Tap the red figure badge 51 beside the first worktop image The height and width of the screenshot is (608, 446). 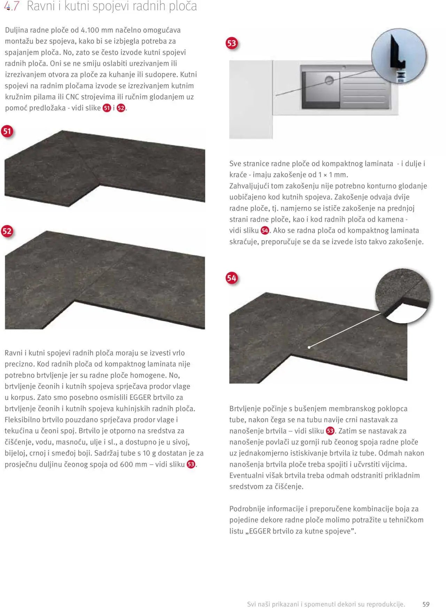click(x=7, y=131)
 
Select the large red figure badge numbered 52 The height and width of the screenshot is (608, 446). click(x=7, y=231)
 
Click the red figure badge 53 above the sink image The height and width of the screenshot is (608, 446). click(x=232, y=43)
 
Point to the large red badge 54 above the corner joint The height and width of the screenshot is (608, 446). click(x=232, y=278)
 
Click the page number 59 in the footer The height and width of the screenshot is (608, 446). click(x=426, y=604)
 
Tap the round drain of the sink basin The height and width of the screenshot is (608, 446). click(x=329, y=81)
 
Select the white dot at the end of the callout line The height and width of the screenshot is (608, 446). click(x=309, y=347)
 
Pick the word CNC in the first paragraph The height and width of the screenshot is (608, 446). click(x=72, y=97)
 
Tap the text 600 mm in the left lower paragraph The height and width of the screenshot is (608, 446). click(x=133, y=464)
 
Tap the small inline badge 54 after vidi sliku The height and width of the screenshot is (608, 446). click(x=265, y=231)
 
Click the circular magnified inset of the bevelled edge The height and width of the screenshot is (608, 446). click(x=403, y=298)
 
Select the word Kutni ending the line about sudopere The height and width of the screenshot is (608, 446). click(x=189, y=75)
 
